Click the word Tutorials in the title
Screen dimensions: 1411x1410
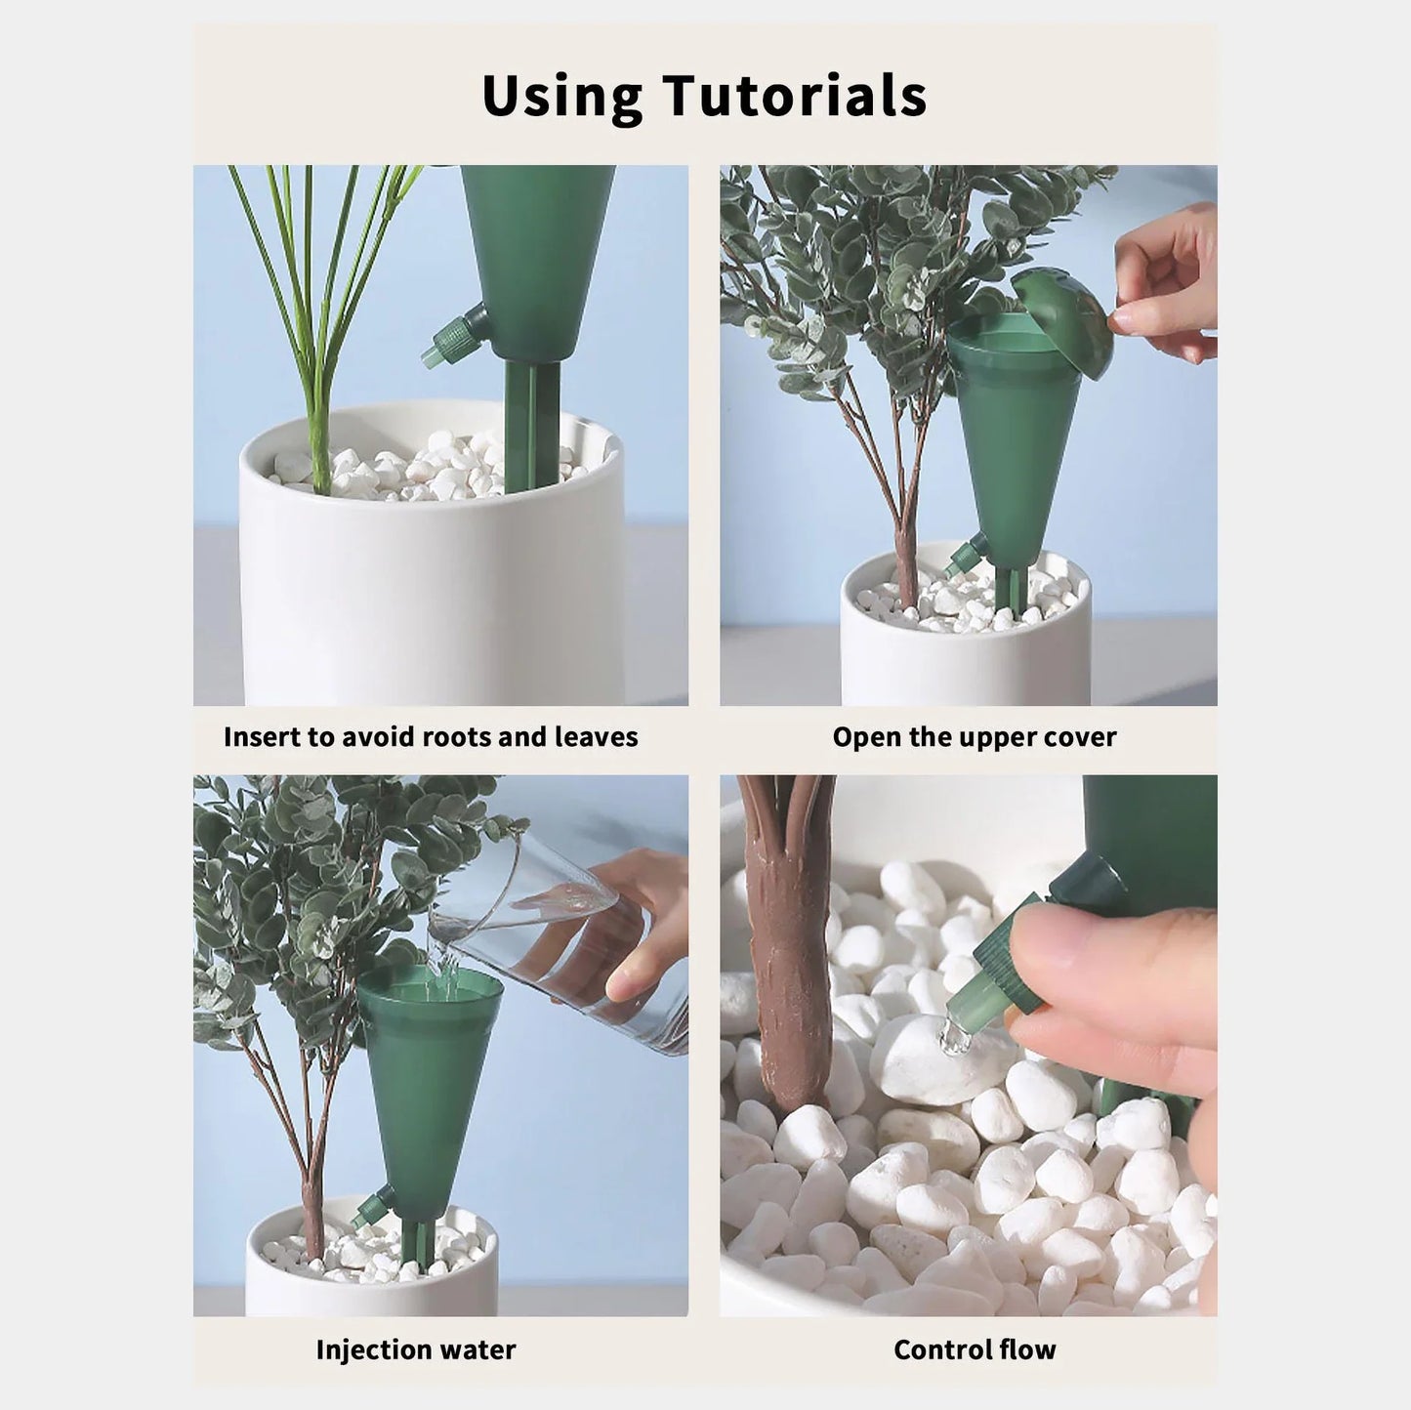(x=795, y=96)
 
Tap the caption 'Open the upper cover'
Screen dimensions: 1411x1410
(x=974, y=737)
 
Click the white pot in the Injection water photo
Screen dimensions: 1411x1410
(x=371, y=1265)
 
